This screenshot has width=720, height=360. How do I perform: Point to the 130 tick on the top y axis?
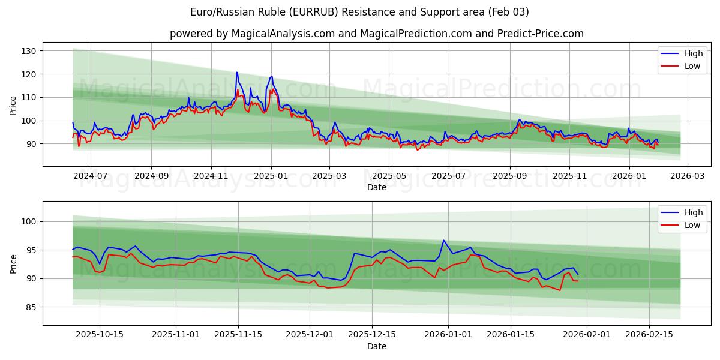click(29, 51)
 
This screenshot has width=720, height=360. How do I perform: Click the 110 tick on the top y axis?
click(29, 97)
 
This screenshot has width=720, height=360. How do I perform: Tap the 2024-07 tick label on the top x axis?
click(91, 176)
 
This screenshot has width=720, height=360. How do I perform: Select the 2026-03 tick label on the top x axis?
click(687, 176)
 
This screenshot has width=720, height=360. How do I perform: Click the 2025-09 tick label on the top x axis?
click(510, 176)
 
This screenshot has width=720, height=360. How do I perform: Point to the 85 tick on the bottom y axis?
click(31, 307)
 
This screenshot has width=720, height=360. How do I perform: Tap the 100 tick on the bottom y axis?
click(29, 222)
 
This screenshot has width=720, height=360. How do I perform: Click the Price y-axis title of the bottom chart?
click(13, 263)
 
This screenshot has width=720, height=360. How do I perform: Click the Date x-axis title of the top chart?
click(376, 187)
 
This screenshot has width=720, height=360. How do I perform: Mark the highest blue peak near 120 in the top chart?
click(236, 73)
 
